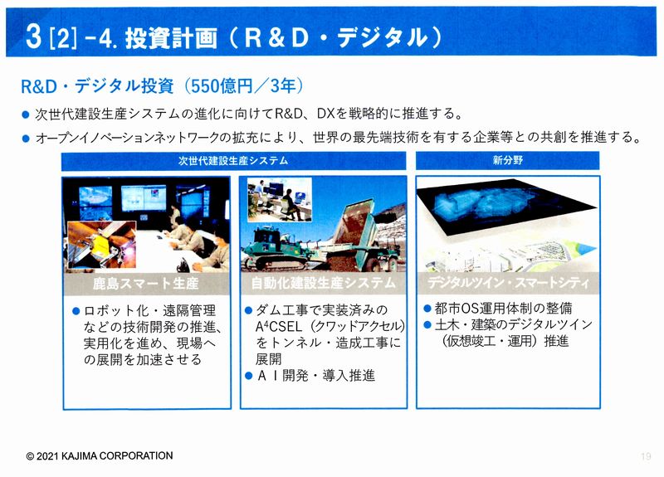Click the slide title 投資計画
[x=171, y=37]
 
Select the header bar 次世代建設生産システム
[x=233, y=161]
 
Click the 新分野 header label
[x=508, y=160]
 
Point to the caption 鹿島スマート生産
[x=146, y=283]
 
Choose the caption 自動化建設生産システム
[x=323, y=282]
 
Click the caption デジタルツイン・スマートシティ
[x=508, y=282]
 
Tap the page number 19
[x=646, y=456]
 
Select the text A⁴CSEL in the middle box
[x=279, y=327]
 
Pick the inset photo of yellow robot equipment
[x=101, y=245]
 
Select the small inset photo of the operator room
[x=280, y=199]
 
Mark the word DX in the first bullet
[x=326, y=114]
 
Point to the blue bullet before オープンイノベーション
[x=26, y=138]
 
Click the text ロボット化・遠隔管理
[x=150, y=310]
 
